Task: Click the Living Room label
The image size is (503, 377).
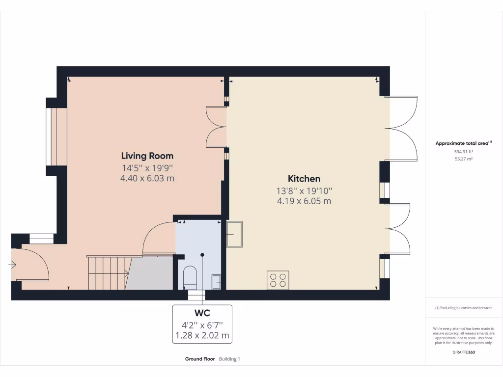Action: coord(147,156)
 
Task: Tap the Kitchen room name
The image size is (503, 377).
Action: coord(304,179)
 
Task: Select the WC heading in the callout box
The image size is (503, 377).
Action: coord(202,313)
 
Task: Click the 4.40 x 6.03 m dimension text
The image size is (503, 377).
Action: coord(147,179)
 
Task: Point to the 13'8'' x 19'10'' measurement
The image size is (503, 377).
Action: coord(304,190)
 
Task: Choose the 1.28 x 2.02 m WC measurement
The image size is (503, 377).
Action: coord(202,336)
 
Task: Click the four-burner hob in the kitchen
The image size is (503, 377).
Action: coord(278,280)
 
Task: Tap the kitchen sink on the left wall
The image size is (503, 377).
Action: coord(234,234)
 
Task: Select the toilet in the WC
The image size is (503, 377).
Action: coord(190,277)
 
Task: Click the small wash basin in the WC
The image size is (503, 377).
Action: coord(216,281)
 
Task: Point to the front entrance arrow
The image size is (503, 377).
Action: coord(12,265)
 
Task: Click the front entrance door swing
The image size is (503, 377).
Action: coord(35,265)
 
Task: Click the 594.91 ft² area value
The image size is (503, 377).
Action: coord(464,152)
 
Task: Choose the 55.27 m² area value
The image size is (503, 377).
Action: coord(464,159)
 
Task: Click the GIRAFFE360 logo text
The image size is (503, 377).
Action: coord(464,352)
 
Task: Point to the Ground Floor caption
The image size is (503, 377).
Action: coord(200,359)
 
